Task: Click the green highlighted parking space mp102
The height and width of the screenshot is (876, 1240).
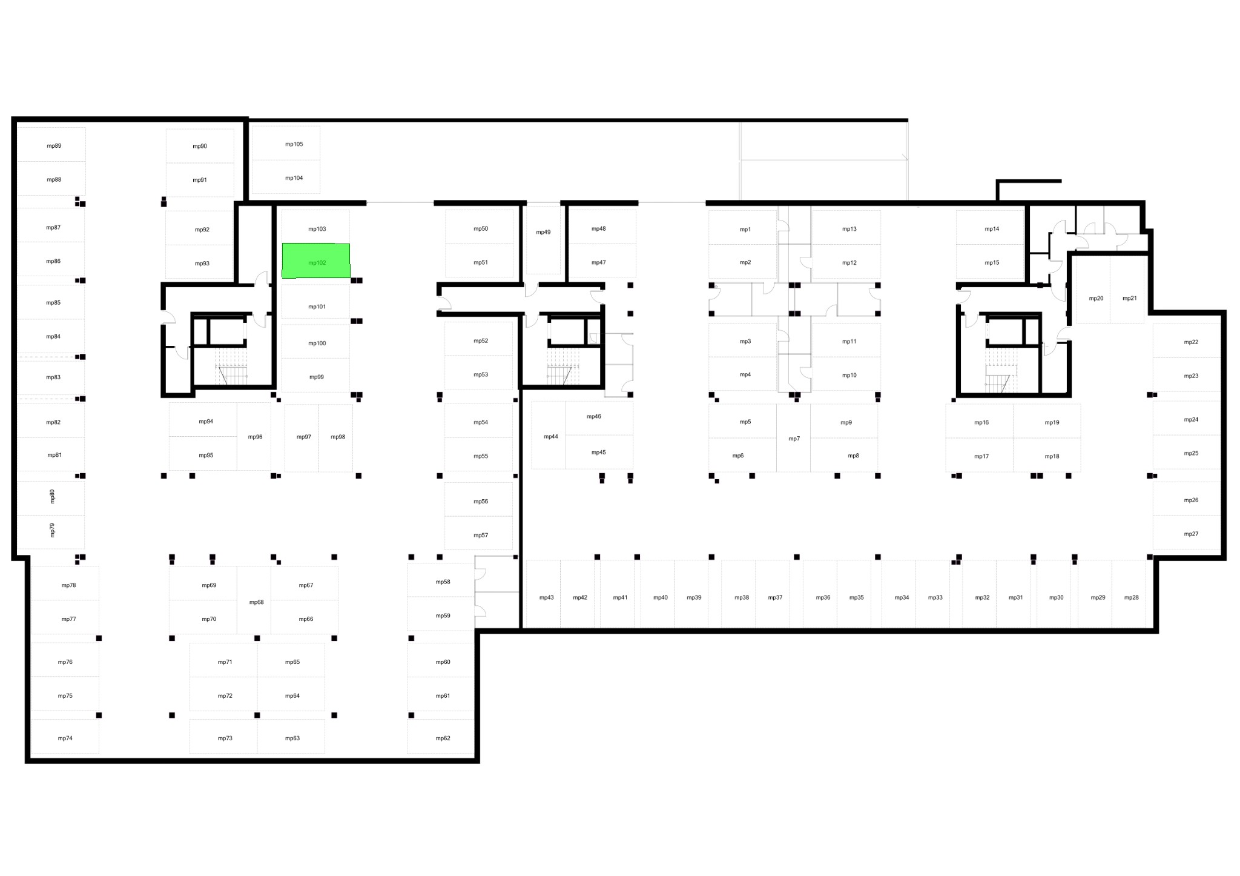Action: tap(316, 261)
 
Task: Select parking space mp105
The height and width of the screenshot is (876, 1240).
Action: tap(286, 144)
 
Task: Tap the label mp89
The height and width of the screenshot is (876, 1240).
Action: tap(54, 146)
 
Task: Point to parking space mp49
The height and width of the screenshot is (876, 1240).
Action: tap(543, 240)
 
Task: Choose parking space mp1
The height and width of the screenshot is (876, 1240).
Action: tap(743, 227)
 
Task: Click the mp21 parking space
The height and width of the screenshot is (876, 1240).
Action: tap(1127, 290)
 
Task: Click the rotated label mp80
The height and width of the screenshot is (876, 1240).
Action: tap(52, 497)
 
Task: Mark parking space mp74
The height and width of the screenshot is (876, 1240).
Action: tap(65, 737)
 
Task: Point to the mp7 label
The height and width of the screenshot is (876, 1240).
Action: tap(794, 439)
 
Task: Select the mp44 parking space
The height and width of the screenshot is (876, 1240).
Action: tap(549, 435)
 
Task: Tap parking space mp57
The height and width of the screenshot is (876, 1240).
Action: tap(479, 533)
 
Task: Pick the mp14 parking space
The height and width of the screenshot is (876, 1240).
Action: tap(990, 227)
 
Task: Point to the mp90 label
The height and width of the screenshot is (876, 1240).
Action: tap(200, 146)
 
